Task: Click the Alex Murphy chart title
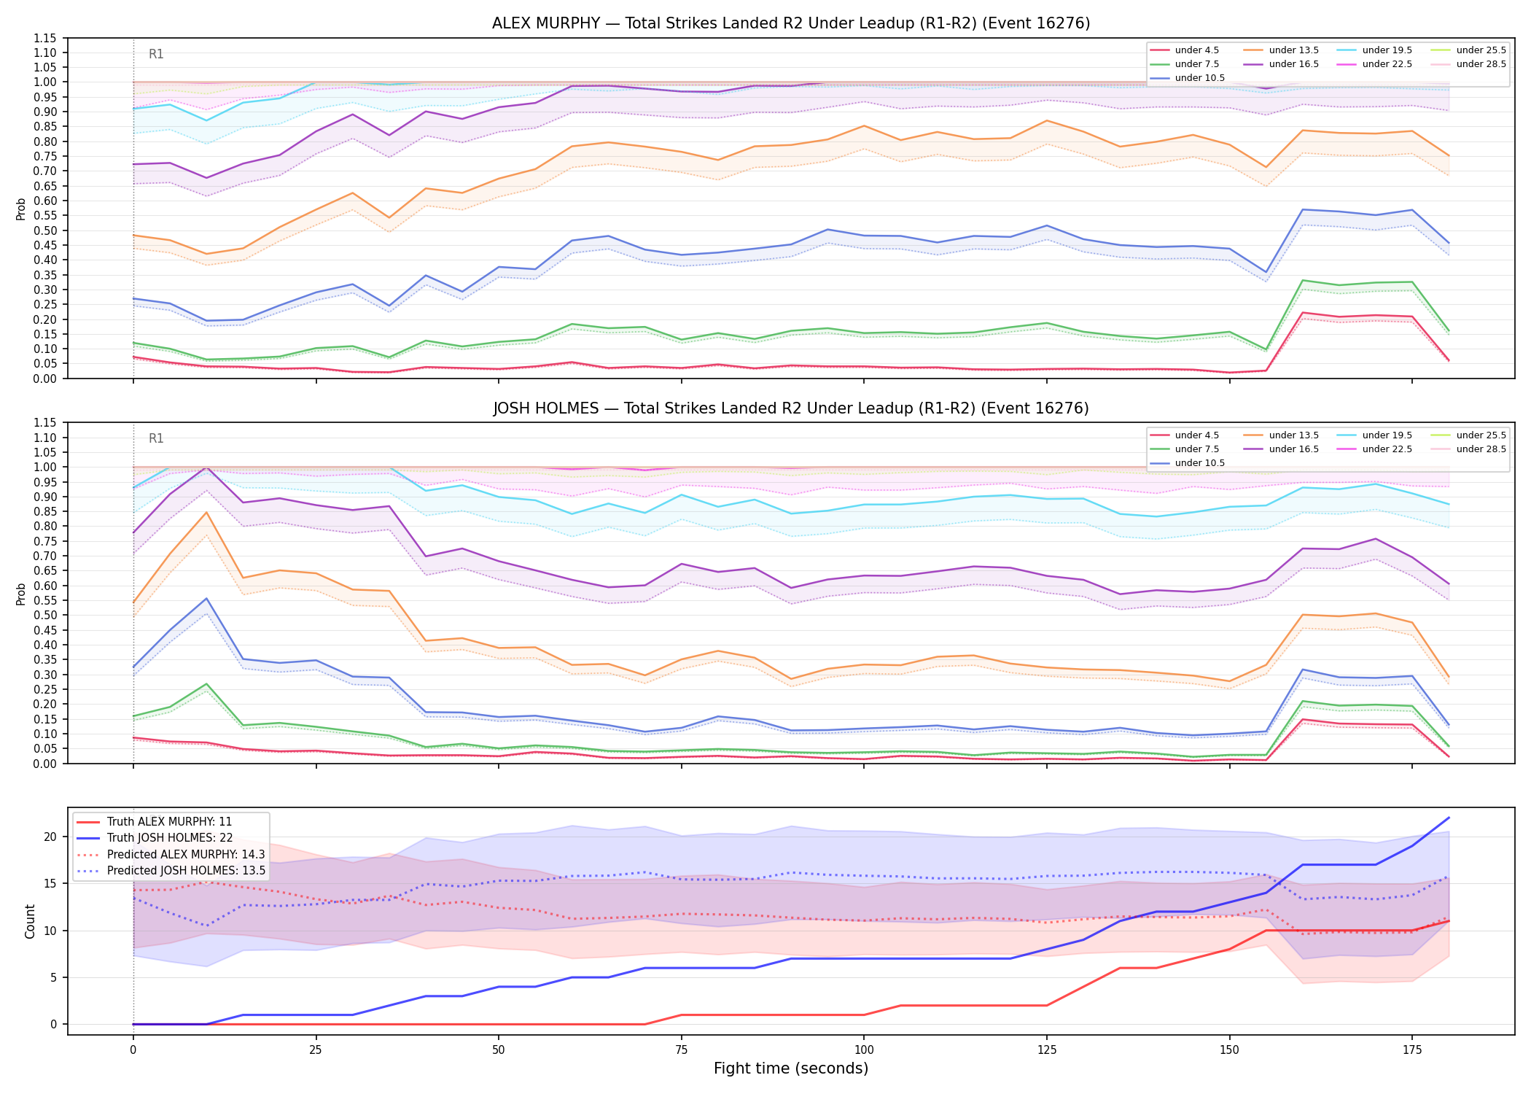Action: tap(791, 23)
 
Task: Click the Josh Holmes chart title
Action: tap(791, 408)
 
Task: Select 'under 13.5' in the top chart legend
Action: tap(1293, 50)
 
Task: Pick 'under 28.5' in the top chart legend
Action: tap(1481, 64)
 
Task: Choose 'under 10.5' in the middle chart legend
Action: tap(1199, 463)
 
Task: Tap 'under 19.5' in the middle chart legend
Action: tap(1387, 435)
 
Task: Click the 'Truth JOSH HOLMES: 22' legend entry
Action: tap(170, 838)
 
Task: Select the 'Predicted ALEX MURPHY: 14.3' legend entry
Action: tap(186, 854)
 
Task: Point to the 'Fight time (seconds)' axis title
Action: tap(791, 1068)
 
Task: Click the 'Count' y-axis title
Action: tap(30, 921)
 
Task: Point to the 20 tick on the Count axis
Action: tap(50, 837)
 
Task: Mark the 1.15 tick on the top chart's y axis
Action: tap(45, 38)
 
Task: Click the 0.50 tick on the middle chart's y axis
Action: tap(45, 615)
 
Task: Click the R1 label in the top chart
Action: tap(156, 54)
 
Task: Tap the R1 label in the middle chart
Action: tap(156, 438)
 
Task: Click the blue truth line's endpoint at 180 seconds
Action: tap(1449, 818)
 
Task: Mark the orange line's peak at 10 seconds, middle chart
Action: tap(206, 513)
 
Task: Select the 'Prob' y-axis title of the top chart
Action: tap(21, 209)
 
